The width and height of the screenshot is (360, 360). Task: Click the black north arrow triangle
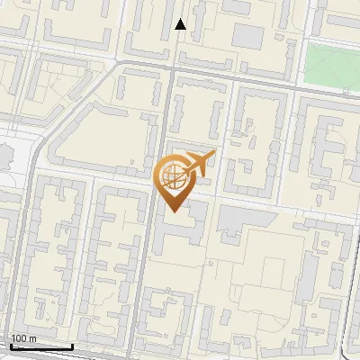[181, 24]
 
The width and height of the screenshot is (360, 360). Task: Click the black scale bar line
[41, 346]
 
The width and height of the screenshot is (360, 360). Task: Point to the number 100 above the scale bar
[19, 338]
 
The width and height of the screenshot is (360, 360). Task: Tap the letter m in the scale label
[33, 338]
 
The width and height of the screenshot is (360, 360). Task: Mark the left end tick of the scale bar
[11, 345]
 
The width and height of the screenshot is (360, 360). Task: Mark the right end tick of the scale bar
[72, 345]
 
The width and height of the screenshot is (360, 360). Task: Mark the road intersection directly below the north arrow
[173, 67]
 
